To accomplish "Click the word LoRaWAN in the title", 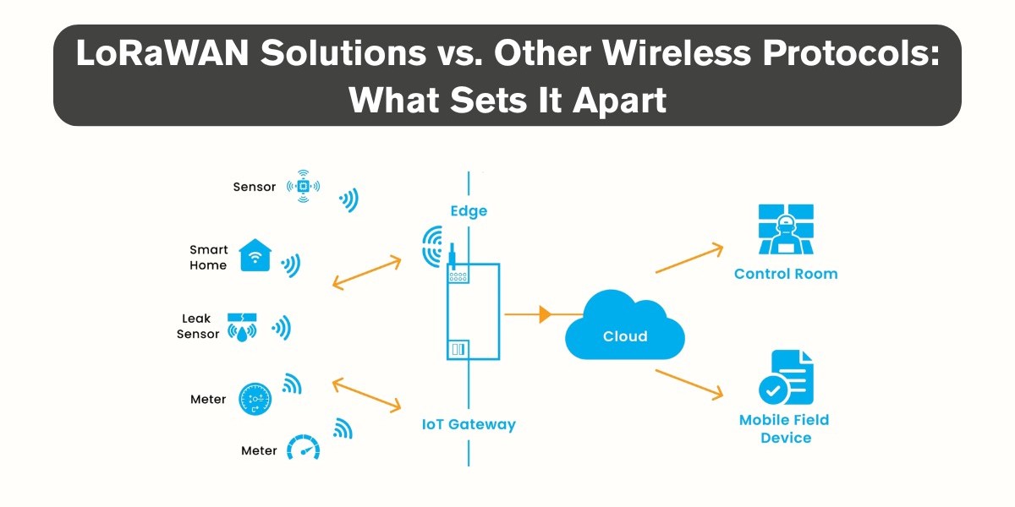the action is (x=162, y=53).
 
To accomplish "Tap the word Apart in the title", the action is (x=619, y=101).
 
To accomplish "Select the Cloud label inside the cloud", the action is (x=625, y=336).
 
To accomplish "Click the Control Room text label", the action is (x=786, y=274).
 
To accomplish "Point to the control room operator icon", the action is (x=786, y=229).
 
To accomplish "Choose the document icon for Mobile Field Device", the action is (x=787, y=377).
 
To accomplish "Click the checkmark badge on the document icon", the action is (x=773, y=390).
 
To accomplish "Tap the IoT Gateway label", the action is (x=469, y=424).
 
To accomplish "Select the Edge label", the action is (x=469, y=211).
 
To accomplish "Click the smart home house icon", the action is (x=255, y=255).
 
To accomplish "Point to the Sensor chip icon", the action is (x=303, y=186).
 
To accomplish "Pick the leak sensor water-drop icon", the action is (x=242, y=327).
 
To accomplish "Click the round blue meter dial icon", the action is (x=255, y=399).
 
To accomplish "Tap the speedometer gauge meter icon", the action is (x=303, y=447).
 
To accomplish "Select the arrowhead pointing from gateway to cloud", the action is (x=545, y=314).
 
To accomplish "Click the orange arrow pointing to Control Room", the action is (x=689, y=258).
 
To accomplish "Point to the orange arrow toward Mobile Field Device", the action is (x=689, y=384).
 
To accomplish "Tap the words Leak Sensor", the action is (x=198, y=326).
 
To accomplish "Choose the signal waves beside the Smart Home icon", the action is (x=291, y=264).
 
